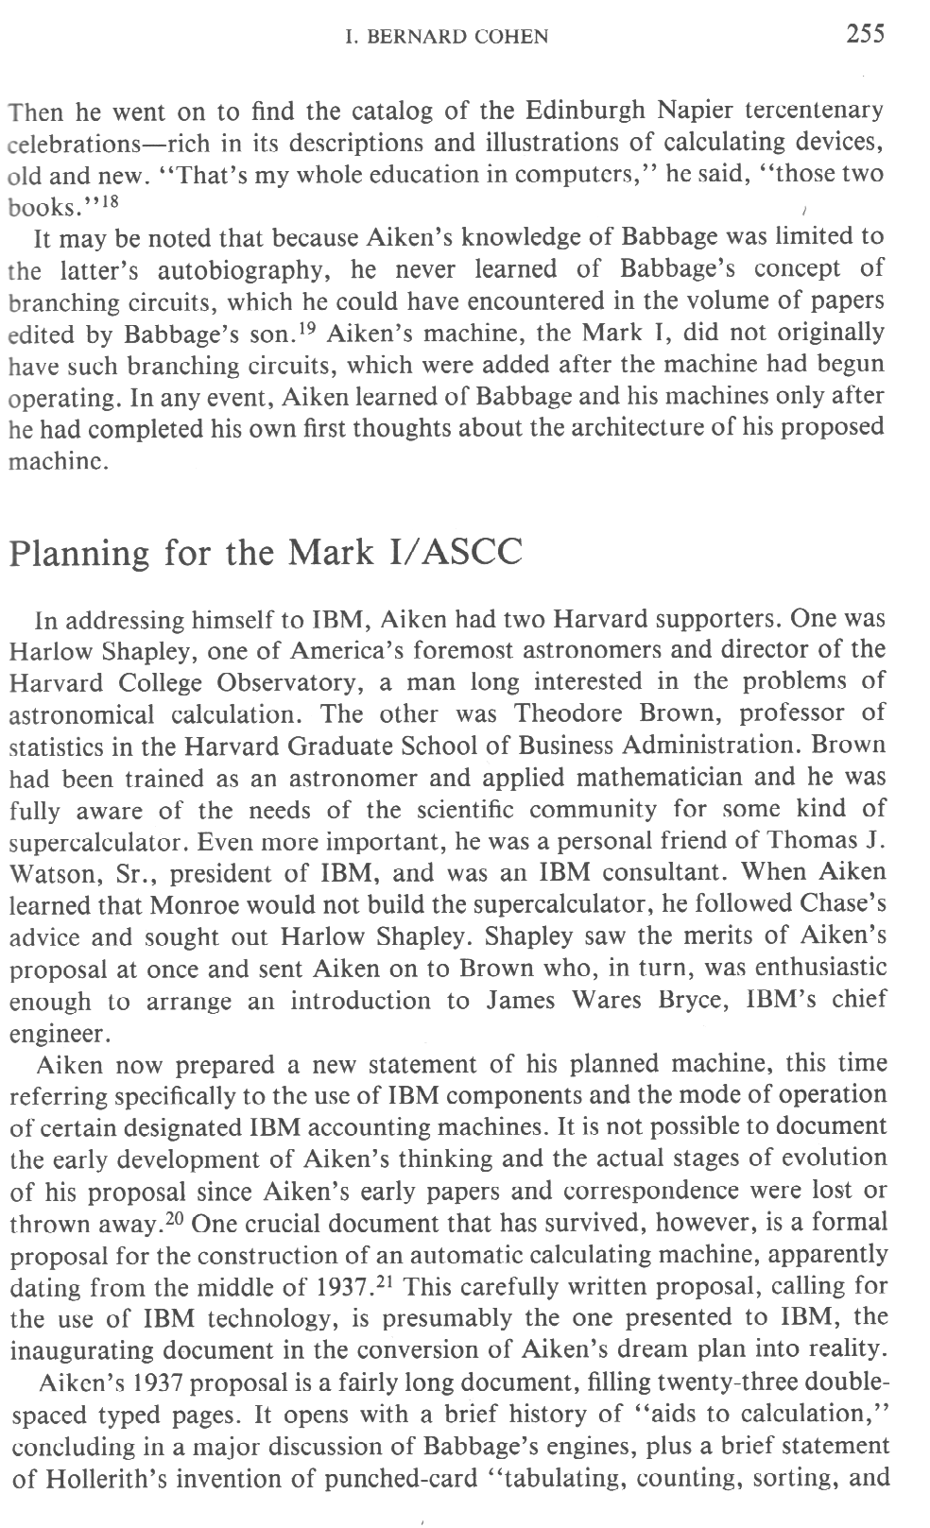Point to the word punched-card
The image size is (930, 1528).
[x=402, y=1478]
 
